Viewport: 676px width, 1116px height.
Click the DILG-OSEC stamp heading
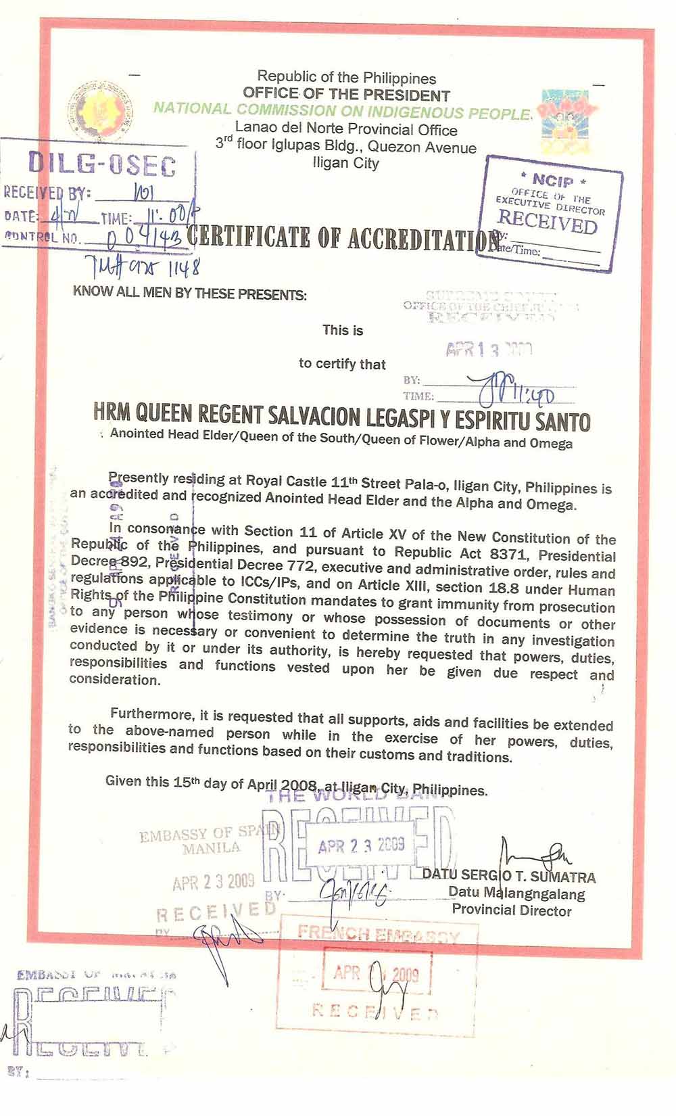(x=101, y=165)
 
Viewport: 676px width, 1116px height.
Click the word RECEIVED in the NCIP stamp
(x=548, y=220)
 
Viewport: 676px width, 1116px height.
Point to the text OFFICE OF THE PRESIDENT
(x=346, y=95)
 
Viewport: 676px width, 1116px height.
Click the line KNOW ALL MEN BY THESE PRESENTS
(x=189, y=294)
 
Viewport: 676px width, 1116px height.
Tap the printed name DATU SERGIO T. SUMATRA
(x=509, y=877)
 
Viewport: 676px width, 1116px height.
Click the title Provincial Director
(x=512, y=910)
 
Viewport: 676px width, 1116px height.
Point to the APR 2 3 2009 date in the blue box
(x=361, y=845)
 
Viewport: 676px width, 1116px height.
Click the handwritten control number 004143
(x=146, y=237)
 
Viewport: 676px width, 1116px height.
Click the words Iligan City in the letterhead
(x=346, y=163)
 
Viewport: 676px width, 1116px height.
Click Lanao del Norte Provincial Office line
(x=346, y=129)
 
